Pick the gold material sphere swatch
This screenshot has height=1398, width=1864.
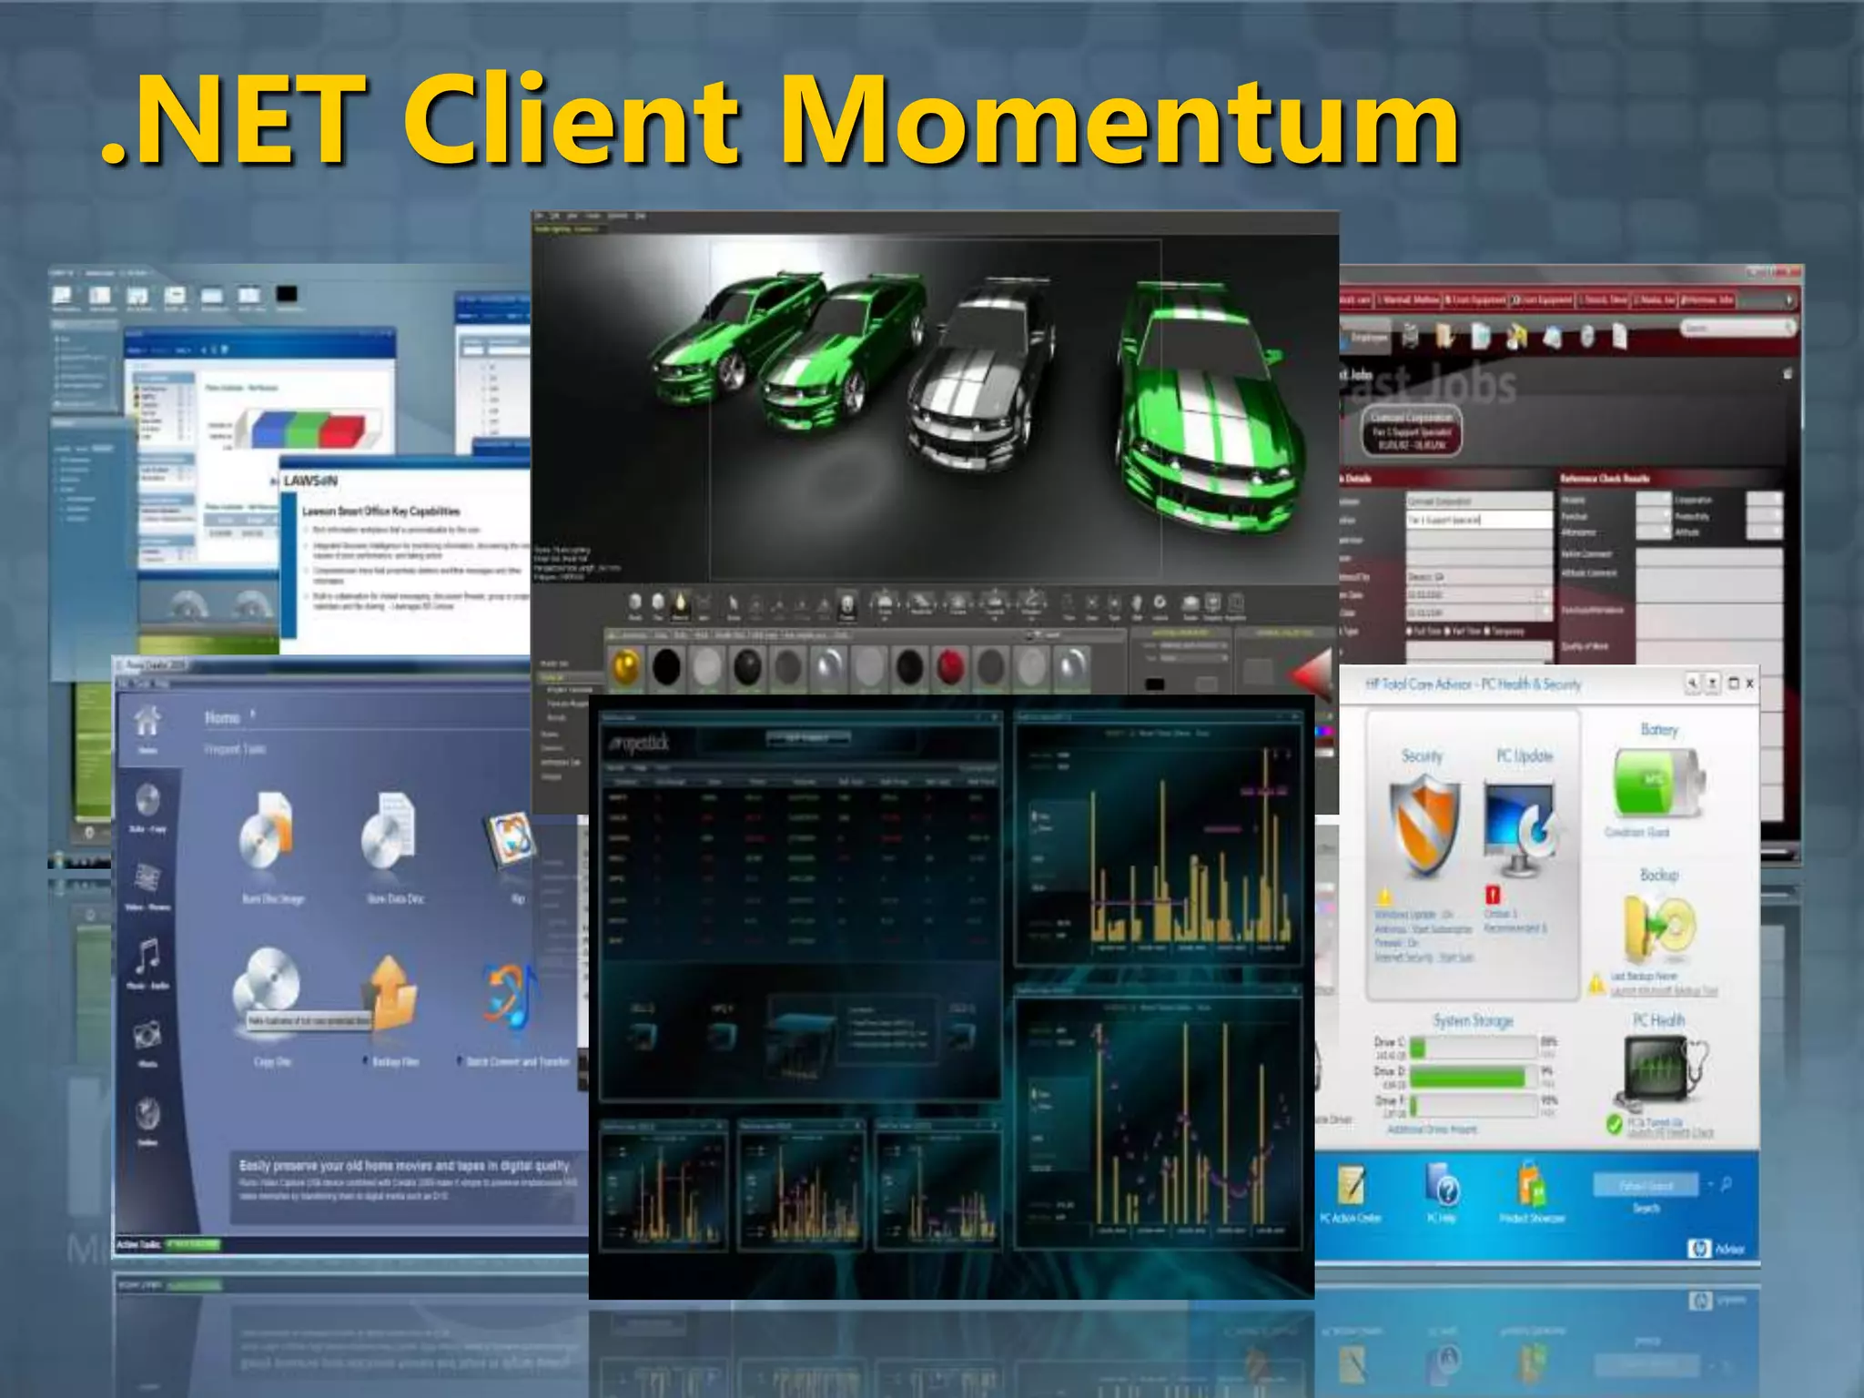tap(625, 666)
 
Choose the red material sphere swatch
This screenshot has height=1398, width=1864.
tap(950, 666)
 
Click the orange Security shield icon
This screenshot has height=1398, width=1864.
tap(1423, 824)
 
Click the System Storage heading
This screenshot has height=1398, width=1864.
tap(1473, 1021)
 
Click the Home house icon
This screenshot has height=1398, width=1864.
tap(147, 722)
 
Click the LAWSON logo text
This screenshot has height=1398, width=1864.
tap(309, 481)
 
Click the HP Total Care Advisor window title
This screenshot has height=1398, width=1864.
tap(1473, 684)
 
